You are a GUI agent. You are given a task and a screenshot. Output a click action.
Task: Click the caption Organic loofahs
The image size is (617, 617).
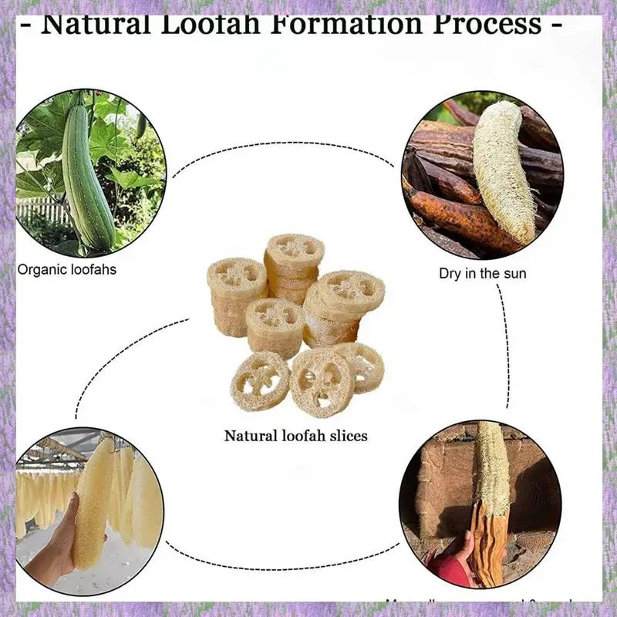pyautogui.click(x=66, y=270)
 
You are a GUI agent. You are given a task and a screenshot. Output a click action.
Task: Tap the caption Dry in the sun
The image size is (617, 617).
pyautogui.click(x=483, y=273)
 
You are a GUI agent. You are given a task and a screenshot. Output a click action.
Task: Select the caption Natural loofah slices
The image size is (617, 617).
pyautogui.click(x=295, y=436)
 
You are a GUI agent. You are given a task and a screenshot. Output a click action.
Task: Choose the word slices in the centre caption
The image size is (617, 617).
pyautogui.click(x=348, y=436)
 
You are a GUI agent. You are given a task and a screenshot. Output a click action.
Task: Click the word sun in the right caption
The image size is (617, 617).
pyautogui.click(x=514, y=273)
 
